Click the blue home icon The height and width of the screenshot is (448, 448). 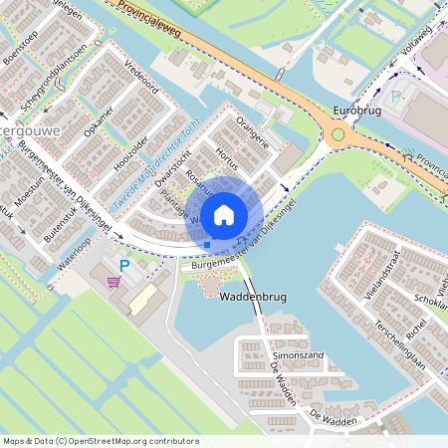[x=224, y=214]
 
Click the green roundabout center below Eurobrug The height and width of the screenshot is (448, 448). [x=338, y=134]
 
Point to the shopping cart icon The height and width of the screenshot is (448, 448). [x=114, y=282]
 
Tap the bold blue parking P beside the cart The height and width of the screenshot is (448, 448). [x=124, y=266]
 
